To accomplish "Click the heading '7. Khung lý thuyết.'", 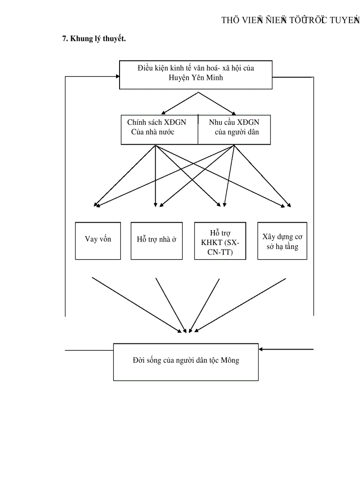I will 94,39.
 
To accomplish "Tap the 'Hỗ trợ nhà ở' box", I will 156,240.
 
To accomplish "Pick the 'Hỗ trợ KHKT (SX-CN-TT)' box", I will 220,241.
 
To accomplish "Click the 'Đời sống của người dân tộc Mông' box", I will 186,361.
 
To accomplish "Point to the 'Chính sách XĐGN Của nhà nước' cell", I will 157,127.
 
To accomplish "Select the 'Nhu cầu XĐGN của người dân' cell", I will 234,127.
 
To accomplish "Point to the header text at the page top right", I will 290,20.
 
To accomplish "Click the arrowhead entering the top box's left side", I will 117,76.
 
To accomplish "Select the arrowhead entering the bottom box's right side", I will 261,349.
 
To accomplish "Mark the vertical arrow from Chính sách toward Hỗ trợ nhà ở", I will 155,176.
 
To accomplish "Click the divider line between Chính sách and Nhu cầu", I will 198,130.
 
